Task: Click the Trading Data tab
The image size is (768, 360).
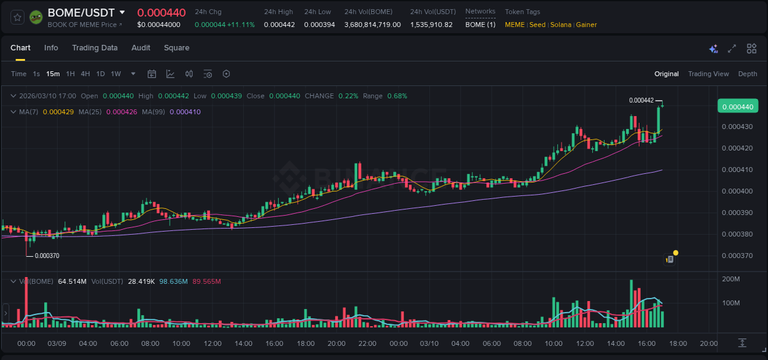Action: click(x=95, y=48)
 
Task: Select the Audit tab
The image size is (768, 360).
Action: click(x=141, y=48)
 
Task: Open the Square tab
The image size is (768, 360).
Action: click(x=176, y=48)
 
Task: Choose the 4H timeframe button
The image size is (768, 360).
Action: click(x=85, y=74)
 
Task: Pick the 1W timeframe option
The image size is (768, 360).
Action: click(x=116, y=74)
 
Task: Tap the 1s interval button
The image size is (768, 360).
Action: click(x=36, y=74)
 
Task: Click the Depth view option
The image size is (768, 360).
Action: click(x=747, y=74)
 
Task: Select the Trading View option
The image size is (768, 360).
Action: click(x=708, y=74)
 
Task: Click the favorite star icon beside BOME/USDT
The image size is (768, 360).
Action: click(x=18, y=17)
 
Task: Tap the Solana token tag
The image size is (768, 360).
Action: click(x=560, y=25)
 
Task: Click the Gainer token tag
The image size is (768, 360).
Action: click(x=586, y=25)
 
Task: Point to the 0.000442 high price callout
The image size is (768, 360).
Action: click(x=641, y=100)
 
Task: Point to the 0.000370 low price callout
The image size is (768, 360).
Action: click(x=47, y=256)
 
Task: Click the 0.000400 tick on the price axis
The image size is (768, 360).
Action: click(x=737, y=191)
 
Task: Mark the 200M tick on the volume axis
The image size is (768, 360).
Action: click(x=731, y=280)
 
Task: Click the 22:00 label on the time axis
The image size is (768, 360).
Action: click(x=367, y=343)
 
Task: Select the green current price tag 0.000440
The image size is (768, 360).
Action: click(x=737, y=107)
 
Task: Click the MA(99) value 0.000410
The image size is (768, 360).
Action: click(x=185, y=112)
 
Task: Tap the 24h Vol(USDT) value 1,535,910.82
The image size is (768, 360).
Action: click(x=431, y=25)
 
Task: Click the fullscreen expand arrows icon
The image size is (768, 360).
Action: click(x=732, y=49)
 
